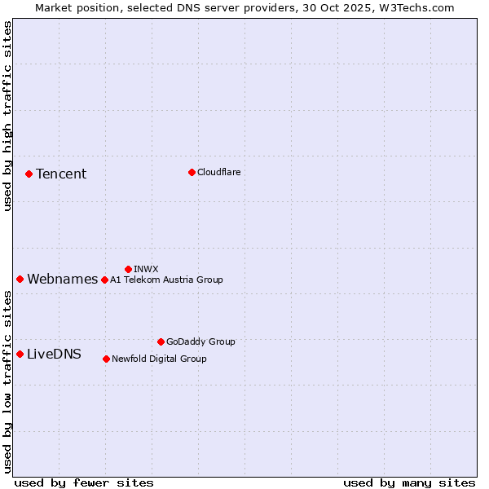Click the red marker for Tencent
[x=29, y=174]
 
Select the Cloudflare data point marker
[x=192, y=172]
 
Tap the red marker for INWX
[x=128, y=269]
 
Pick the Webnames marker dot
[x=20, y=280]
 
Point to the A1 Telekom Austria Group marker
[x=104, y=280]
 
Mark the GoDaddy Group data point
[x=161, y=341]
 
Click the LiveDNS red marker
[x=20, y=354]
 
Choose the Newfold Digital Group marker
[x=106, y=359]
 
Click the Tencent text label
[x=61, y=174]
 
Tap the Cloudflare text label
[x=218, y=172]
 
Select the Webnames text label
[x=63, y=280]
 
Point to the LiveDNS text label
[x=54, y=354]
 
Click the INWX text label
[x=146, y=269]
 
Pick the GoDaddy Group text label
[x=200, y=341]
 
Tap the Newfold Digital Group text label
[x=159, y=359]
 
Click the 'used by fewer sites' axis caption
[x=84, y=482]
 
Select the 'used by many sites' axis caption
[x=409, y=482]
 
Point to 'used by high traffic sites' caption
[x=7, y=116]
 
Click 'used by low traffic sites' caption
[x=7, y=381]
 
